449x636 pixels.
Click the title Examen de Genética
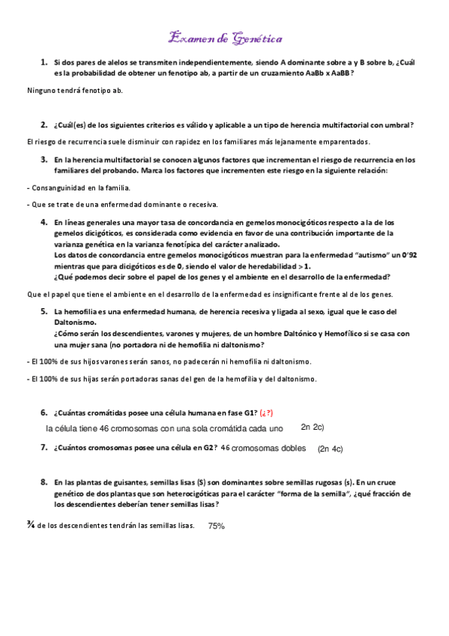coord(224,37)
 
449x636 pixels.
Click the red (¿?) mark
coord(266,412)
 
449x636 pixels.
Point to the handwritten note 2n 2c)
coord(312,427)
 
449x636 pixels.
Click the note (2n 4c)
coord(330,448)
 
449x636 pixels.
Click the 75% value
coord(217,526)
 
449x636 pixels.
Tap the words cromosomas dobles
coord(269,448)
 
